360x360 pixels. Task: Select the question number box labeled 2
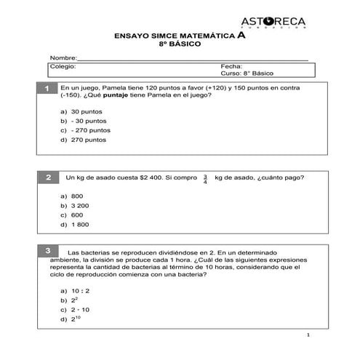point(48,177)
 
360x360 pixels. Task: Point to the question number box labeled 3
point(47,251)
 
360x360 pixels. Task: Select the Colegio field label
point(63,66)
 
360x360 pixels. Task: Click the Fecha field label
point(231,66)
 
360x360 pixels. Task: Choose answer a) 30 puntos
point(81,111)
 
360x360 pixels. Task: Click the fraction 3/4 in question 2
point(205,179)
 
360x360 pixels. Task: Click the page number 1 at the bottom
point(308,335)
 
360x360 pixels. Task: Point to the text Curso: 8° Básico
point(244,73)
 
